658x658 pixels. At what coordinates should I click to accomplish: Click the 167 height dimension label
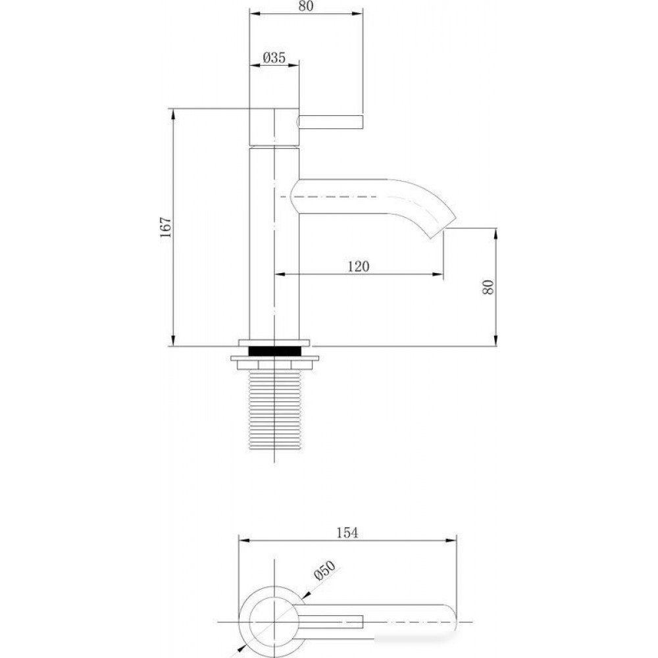click(166, 227)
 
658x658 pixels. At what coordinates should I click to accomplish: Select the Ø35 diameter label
click(274, 57)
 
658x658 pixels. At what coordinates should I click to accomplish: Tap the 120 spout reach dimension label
click(359, 266)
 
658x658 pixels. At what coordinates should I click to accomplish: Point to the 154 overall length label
click(347, 532)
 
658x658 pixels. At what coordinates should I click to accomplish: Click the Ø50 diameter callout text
click(325, 570)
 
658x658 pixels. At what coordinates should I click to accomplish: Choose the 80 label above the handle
click(306, 6)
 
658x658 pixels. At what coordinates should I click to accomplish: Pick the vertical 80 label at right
click(488, 287)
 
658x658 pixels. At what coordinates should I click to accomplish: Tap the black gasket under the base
click(275, 351)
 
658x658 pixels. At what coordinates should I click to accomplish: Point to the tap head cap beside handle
click(274, 127)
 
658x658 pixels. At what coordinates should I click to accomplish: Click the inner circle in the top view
click(274, 622)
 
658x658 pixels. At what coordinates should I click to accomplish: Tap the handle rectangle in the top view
click(332, 622)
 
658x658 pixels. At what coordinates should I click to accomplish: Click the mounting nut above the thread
click(275, 363)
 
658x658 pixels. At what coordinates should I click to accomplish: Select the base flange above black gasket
click(274, 342)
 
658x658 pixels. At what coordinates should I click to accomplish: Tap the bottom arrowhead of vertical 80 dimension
click(496, 341)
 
